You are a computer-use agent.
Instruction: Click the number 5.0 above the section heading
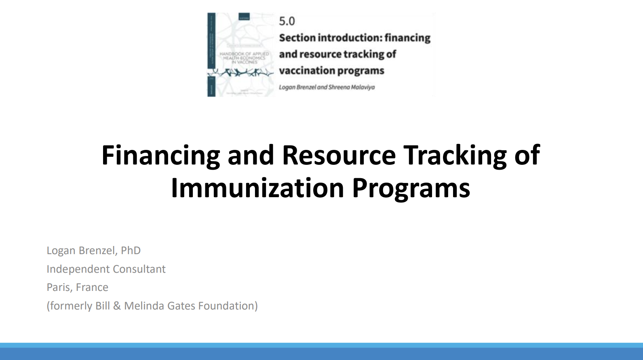(287, 21)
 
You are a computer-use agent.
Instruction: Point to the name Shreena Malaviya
(351, 87)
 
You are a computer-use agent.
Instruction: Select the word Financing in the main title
(160, 155)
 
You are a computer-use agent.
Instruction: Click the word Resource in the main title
(339, 155)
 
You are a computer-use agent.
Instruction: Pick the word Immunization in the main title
(257, 188)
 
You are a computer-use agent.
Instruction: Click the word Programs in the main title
(411, 188)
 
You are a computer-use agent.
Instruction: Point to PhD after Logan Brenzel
(131, 251)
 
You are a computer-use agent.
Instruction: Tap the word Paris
(59, 287)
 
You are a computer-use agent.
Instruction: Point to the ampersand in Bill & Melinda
(117, 306)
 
